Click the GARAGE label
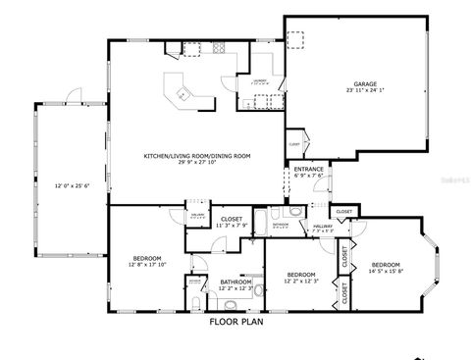[363, 84]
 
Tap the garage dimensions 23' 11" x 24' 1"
[363, 92]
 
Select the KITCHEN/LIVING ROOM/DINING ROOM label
[196, 156]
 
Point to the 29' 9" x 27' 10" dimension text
[196, 163]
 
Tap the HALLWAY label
[324, 226]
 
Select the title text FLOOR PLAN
[235, 321]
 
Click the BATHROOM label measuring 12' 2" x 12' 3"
[235, 282]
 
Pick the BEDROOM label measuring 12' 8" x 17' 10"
[149, 258]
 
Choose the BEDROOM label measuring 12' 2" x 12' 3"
[300, 274]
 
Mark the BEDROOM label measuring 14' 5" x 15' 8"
[386, 265]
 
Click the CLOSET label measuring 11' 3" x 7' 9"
[232, 219]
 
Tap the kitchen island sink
[182, 94]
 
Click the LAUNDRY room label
[260, 81]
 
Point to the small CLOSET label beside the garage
[294, 145]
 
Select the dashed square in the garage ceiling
[298, 39]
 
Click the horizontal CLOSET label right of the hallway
[343, 211]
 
